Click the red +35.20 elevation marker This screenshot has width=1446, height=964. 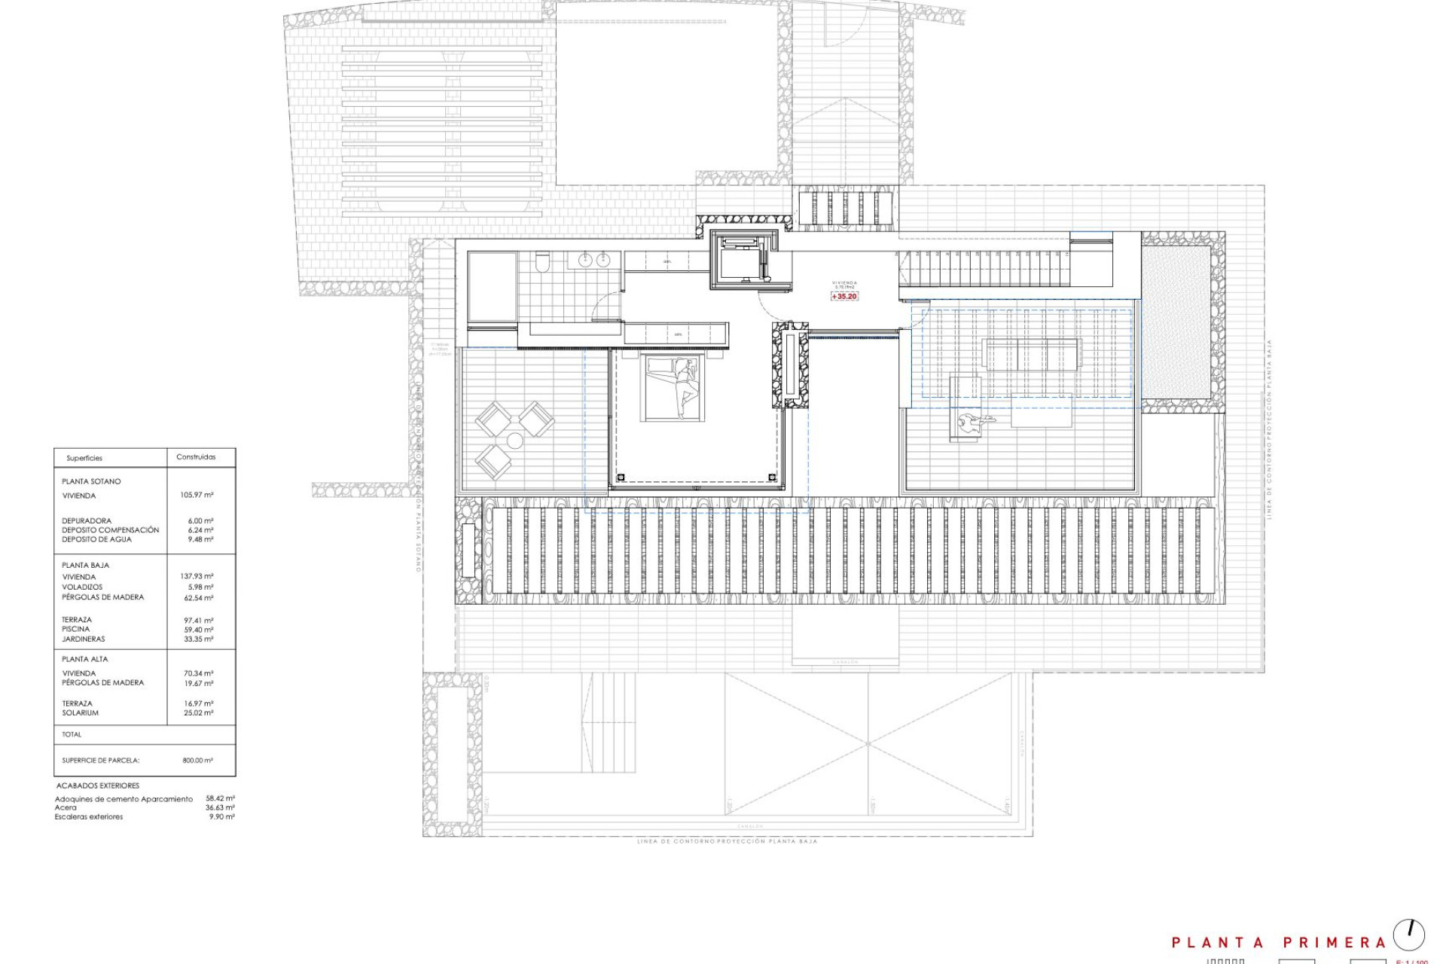(x=844, y=297)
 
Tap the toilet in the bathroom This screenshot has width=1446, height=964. (x=541, y=262)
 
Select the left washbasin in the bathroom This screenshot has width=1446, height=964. (x=585, y=261)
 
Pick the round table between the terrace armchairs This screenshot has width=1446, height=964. (x=515, y=441)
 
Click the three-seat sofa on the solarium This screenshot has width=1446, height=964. (x=1032, y=354)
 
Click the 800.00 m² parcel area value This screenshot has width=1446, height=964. (x=198, y=761)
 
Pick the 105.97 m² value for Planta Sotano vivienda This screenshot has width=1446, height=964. (x=197, y=496)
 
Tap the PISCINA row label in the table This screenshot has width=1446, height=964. (x=76, y=630)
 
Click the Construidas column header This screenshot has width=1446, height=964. (x=196, y=457)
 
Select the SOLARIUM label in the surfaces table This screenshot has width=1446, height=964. (x=81, y=713)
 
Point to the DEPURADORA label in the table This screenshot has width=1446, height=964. (x=87, y=521)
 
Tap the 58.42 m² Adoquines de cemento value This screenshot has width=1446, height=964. (x=221, y=798)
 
